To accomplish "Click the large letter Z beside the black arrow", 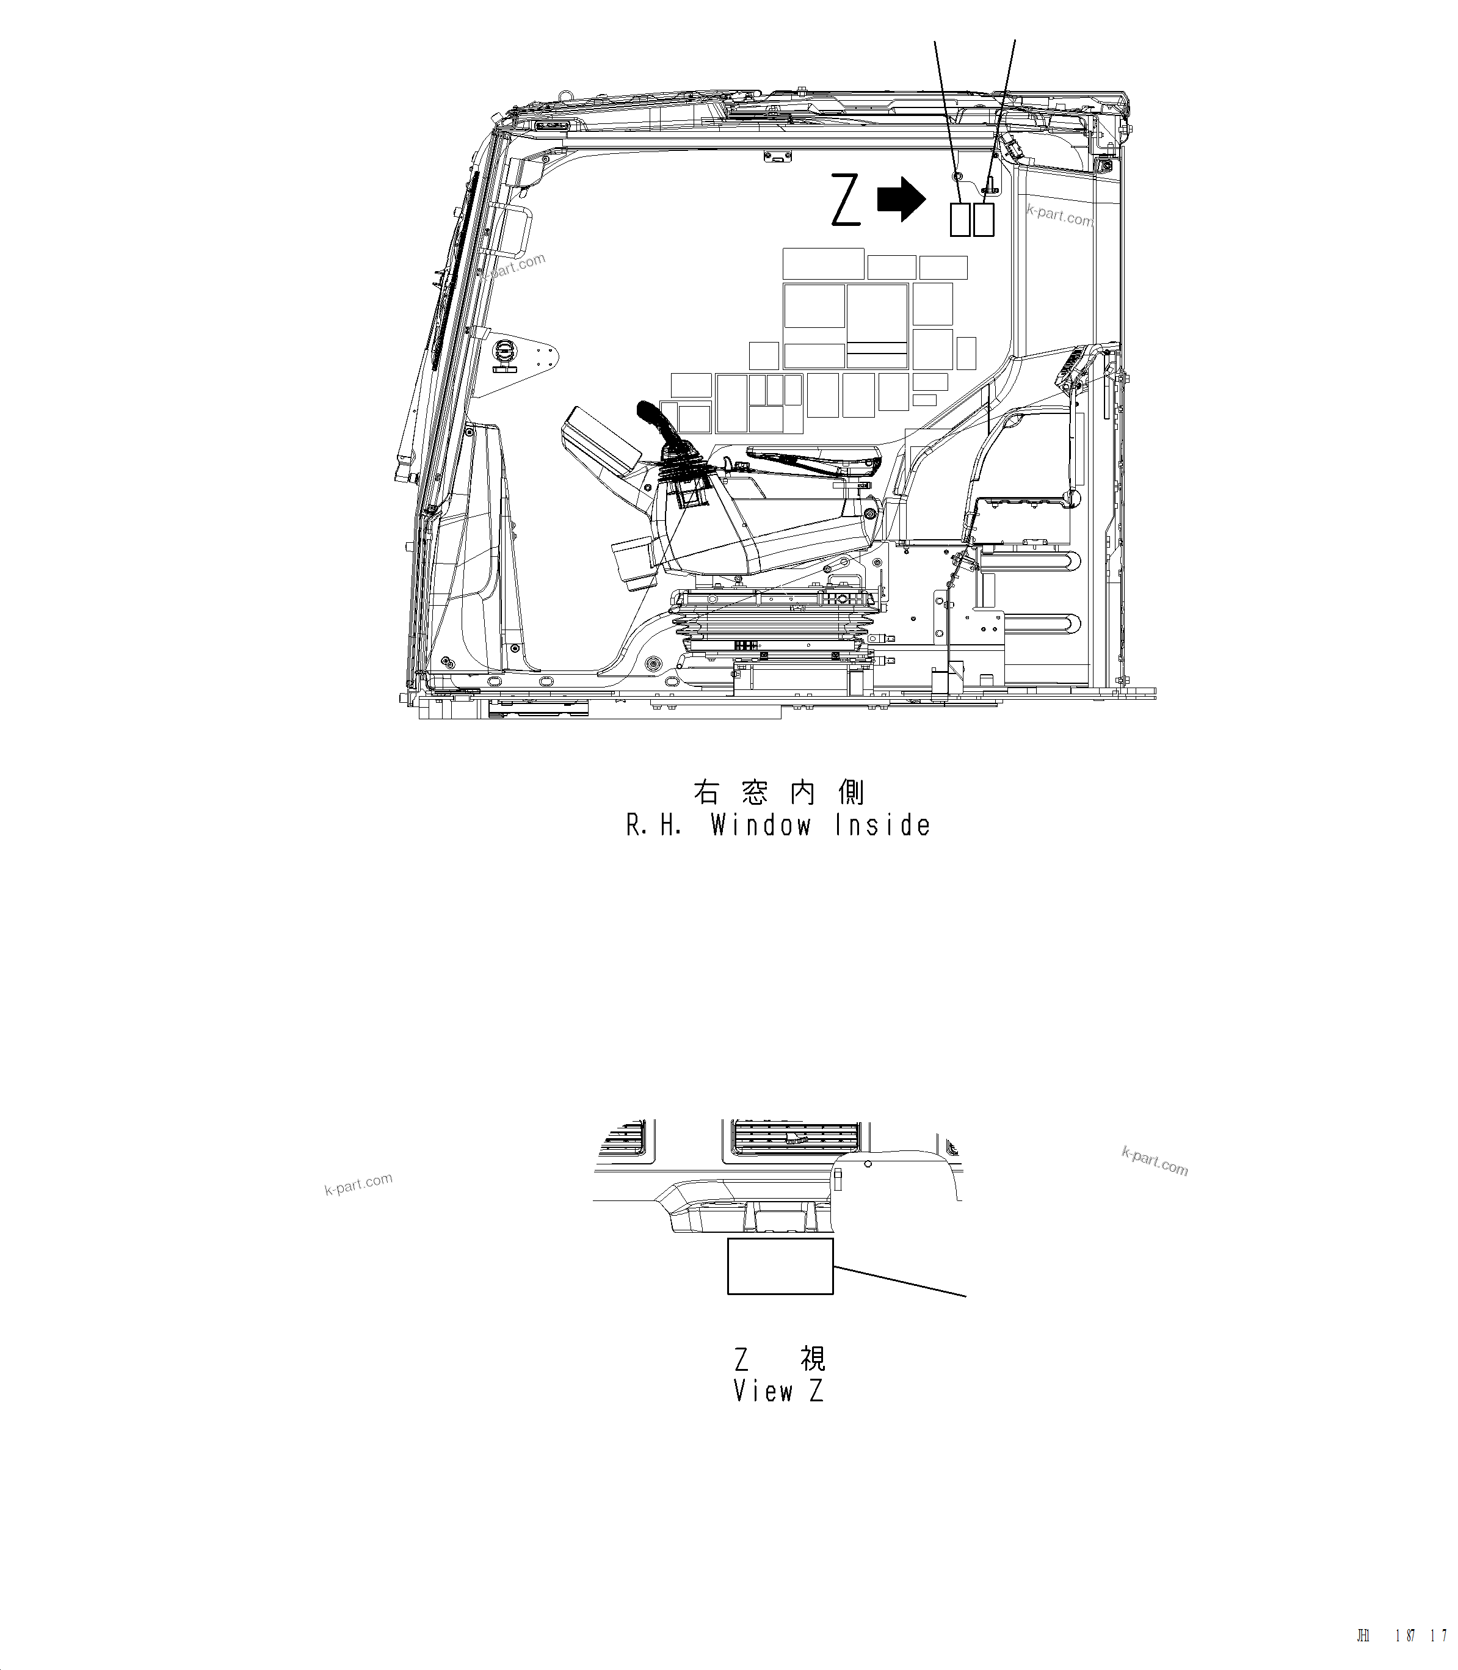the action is point(846,200).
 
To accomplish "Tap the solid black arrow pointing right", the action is point(902,200).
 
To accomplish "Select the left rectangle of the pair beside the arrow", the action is point(960,219).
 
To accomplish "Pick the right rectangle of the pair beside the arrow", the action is point(984,219).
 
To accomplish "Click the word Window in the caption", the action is point(761,826).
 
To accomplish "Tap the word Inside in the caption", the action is point(883,826).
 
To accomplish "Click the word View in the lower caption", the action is point(763,1391).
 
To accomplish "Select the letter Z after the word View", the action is point(816,1391).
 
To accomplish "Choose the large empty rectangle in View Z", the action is point(780,1266).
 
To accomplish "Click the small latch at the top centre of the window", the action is point(778,156).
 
